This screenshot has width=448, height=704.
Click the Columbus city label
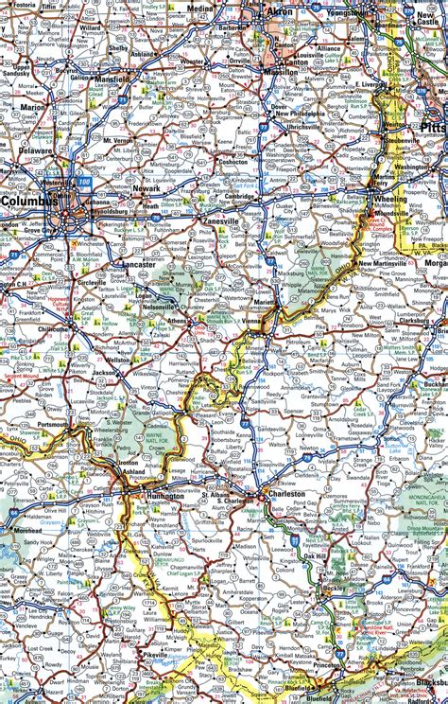click(29, 202)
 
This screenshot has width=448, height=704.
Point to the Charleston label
click(286, 493)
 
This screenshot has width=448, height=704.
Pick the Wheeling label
click(390, 200)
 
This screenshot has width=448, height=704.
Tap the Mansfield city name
click(113, 80)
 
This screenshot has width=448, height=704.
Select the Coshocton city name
click(231, 161)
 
